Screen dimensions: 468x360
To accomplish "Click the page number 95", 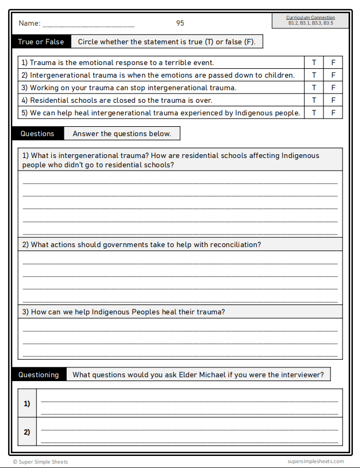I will [180, 23].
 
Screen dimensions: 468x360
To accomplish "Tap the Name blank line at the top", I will [88, 25].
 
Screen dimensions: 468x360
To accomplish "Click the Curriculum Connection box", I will [310, 21].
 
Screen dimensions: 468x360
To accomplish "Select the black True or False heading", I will [41, 42].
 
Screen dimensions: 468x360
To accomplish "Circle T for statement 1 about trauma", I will [314, 62].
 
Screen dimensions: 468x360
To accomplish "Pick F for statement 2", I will [333, 75].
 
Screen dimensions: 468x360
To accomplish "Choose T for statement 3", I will [314, 87].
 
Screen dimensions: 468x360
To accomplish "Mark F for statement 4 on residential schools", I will [333, 100].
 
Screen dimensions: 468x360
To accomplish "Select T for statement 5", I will [314, 113].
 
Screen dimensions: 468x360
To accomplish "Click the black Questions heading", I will [38, 133].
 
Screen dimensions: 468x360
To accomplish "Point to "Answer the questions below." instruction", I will [122, 133].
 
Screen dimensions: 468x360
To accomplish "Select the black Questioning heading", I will [39, 375].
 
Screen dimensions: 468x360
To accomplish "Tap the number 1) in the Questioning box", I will [27, 403].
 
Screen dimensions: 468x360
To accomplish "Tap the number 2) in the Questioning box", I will [27, 432].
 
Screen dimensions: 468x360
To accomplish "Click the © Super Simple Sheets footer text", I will [40, 462].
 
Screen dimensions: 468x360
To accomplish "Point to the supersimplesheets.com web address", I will [316, 462].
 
